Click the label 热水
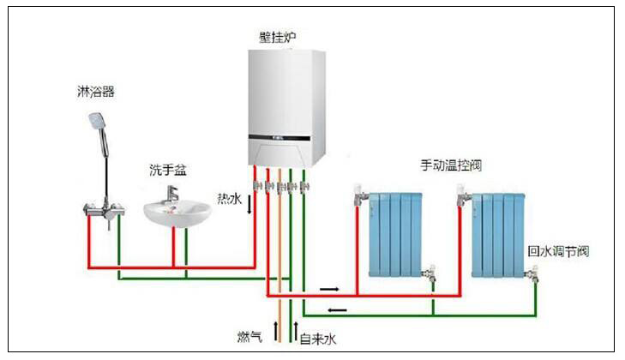pos(229,198)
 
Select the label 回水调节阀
pos(558,252)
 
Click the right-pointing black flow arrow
pos(330,288)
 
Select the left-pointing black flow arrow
pos(338,309)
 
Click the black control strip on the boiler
pos(279,135)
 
